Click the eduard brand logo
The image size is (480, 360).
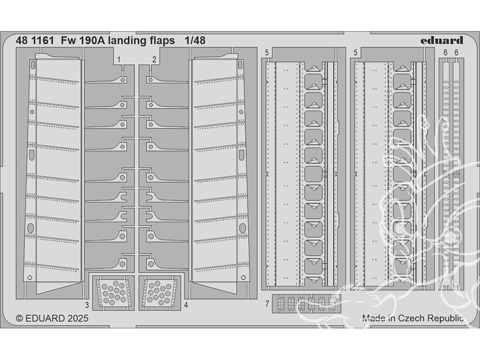point(442,40)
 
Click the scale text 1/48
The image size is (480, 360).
point(194,41)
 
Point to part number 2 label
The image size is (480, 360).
point(155,60)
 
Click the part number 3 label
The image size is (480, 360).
point(87,305)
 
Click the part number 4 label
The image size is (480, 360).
point(185,305)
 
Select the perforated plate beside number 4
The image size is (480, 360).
point(158,291)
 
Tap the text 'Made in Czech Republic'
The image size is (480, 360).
point(413,318)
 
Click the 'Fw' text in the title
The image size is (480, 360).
point(67,41)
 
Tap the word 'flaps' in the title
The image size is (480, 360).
point(162,41)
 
